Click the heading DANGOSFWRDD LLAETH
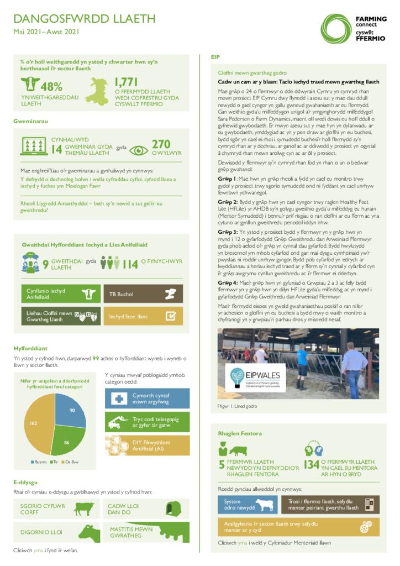pyautogui.click(x=85, y=19)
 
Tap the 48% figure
pyautogui.click(x=51, y=86)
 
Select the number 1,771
pyautogui.click(x=127, y=83)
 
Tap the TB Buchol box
pyautogui.click(x=143, y=294)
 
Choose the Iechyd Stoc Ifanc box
pyautogui.click(x=143, y=316)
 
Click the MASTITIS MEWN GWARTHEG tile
pyautogui.click(x=146, y=532)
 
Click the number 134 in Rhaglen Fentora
pyautogui.click(x=311, y=465)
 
